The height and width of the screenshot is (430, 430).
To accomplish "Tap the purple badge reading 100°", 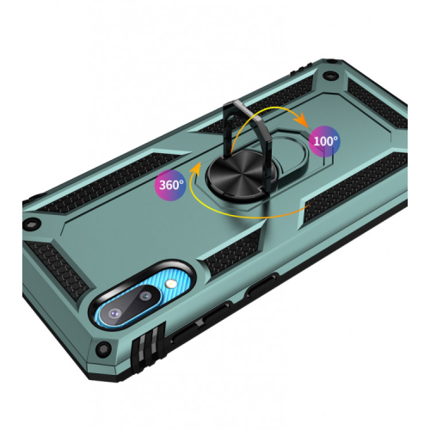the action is pyautogui.click(x=325, y=141).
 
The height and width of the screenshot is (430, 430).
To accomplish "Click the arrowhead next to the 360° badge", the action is pyautogui.click(x=195, y=169).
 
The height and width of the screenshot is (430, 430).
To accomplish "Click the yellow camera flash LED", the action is pyautogui.click(x=170, y=285).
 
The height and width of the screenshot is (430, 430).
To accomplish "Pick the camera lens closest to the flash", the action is pyautogui.click(x=144, y=297).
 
